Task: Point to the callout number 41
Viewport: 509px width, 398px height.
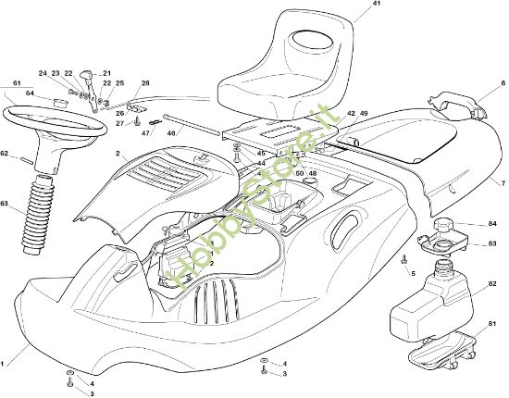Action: click(351, 5)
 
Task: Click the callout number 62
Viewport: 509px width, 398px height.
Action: click(5, 154)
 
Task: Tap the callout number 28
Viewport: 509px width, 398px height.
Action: click(144, 83)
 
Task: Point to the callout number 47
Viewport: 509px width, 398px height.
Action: click(145, 133)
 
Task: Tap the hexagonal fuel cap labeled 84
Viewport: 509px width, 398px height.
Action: click(445, 225)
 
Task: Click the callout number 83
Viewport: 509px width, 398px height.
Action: click(492, 243)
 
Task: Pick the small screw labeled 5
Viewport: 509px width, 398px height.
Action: click(404, 261)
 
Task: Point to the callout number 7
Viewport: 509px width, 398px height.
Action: click(503, 182)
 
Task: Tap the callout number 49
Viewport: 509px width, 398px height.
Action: click(364, 113)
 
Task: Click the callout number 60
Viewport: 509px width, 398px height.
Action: click(299, 173)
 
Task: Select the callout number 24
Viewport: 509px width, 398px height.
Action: click(43, 73)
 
